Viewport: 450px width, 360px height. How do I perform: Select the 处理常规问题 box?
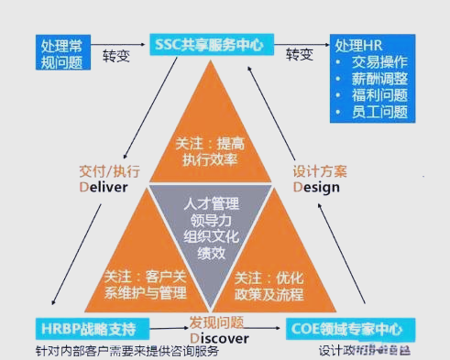61,53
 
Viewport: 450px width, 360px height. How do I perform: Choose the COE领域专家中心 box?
348,327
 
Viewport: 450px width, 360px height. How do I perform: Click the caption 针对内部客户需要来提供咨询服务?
128,349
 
